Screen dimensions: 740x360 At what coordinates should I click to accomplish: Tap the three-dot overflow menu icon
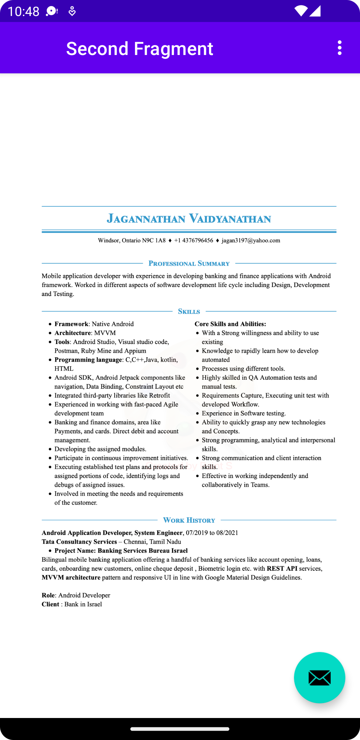[339, 48]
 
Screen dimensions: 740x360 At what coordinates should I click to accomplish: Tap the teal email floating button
[319, 677]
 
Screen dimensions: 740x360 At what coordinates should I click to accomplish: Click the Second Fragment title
[139, 49]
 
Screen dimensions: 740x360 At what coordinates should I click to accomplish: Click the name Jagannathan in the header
[146, 219]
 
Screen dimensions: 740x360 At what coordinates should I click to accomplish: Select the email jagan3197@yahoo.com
[251, 240]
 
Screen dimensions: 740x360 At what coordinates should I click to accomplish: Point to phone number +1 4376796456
[193, 240]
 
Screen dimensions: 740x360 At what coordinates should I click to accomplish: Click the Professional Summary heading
[189, 263]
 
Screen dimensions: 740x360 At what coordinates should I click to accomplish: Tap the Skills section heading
[189, 311]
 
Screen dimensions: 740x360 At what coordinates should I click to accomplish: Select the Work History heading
[189, 520]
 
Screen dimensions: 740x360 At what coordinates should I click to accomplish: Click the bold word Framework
[71, 324]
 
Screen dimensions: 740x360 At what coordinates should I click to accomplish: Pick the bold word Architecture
[73, 333]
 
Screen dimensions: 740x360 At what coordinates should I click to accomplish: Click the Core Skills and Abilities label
[230, 324]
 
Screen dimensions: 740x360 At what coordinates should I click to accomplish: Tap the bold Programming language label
[88, 360]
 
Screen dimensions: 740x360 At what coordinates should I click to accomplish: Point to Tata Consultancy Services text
[79, 542]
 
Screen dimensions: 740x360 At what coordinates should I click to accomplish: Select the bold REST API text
[282, 568]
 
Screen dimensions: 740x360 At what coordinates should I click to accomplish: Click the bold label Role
[48, 595]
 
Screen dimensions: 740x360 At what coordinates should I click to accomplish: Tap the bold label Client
[50, 604]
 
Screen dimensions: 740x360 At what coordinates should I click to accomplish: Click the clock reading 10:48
[23, 11]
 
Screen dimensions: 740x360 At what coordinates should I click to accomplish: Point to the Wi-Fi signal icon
[301, 11]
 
